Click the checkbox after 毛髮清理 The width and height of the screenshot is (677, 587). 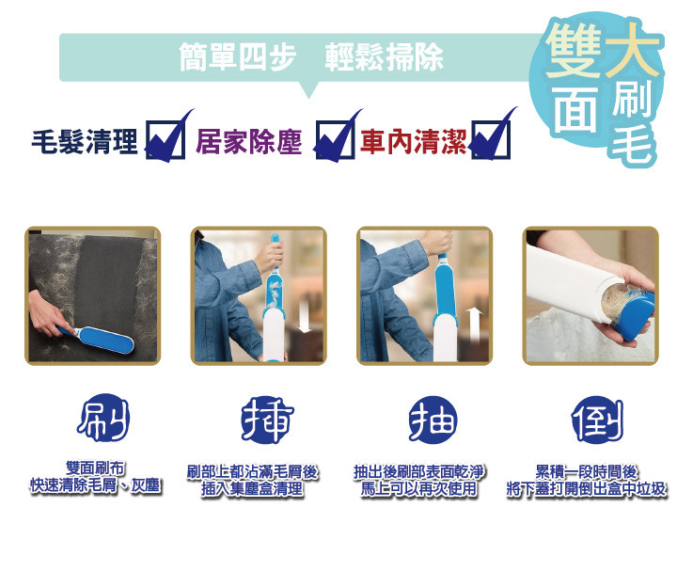click(165, 139)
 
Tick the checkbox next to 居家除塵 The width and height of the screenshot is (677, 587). click(335, 139)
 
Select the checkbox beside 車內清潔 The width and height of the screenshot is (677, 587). click(491, 139)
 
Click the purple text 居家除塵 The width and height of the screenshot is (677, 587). click(248, 141)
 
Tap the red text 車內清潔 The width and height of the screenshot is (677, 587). click(413, 141)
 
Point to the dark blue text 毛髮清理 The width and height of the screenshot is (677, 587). click(85, 141)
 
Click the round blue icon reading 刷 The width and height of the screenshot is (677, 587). click(103, 418)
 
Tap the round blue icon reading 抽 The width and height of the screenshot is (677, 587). click(433, 420)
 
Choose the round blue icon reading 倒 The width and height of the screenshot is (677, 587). click(598, 420)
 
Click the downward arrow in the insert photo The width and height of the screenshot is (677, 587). click(305, 317)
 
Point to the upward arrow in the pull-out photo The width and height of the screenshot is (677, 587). click(475, 324)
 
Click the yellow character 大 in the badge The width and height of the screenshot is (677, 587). click(633, 50)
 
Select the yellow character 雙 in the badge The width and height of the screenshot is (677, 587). click(574, 50)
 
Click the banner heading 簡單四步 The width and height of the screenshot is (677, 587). click(238, 57)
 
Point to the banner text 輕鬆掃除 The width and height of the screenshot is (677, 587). click(385, 57)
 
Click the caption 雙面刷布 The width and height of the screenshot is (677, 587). click(95, 468)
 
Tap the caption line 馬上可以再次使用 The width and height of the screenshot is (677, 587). click(419, 489)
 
